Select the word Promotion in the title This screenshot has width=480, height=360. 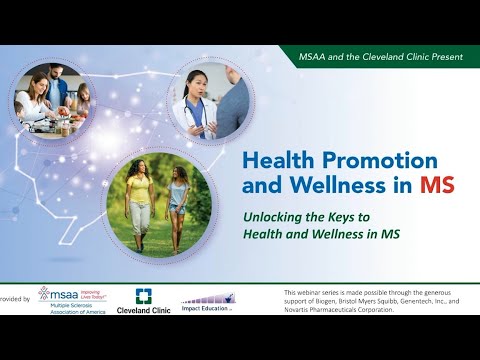coord(383,160)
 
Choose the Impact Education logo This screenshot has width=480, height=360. coord(208,299)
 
